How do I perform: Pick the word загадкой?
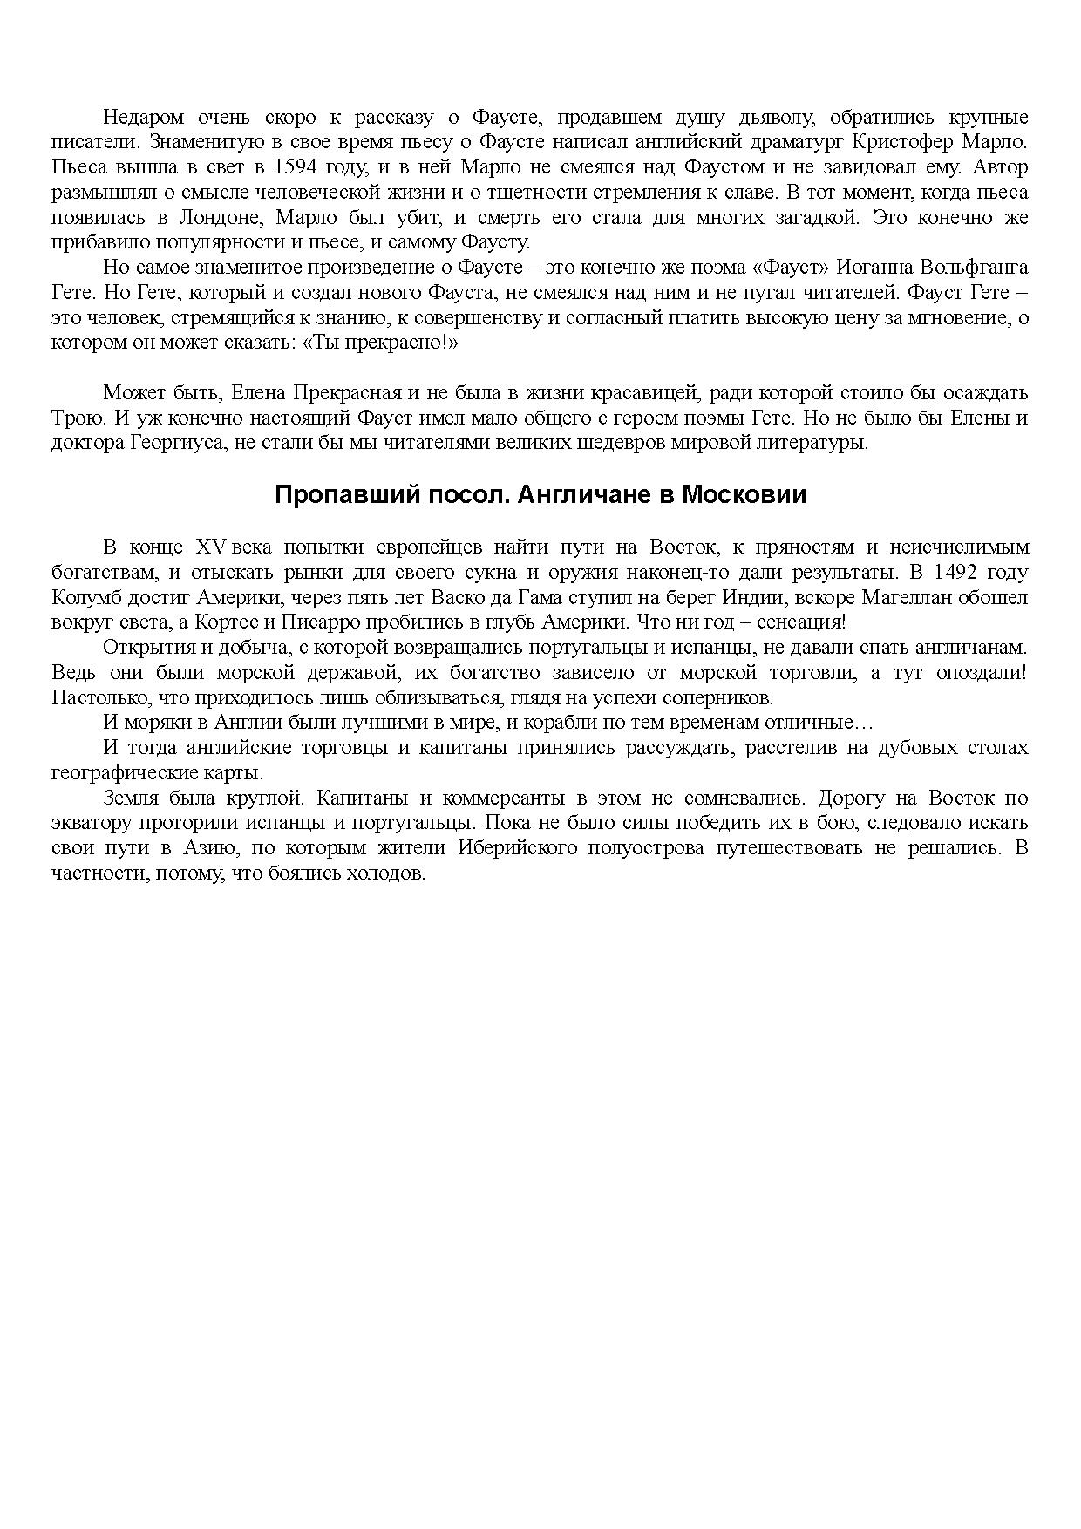coord(813,217)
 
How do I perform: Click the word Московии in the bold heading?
coord(744,495)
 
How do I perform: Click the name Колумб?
coord(81,598)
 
